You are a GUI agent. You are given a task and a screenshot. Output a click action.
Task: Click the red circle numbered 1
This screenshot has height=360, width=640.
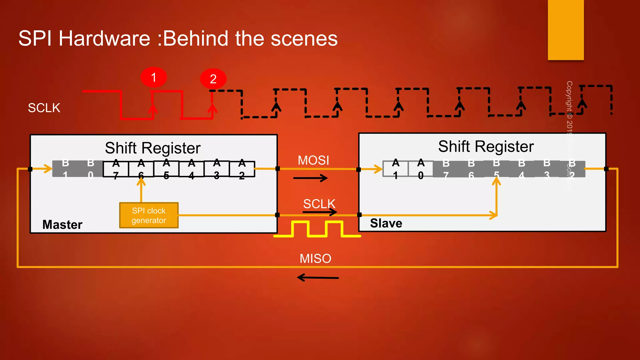tap(153, 77)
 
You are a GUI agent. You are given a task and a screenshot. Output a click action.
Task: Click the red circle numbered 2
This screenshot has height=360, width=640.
tap(213, 79)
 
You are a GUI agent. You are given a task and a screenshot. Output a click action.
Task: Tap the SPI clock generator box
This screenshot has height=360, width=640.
tap(149, 215)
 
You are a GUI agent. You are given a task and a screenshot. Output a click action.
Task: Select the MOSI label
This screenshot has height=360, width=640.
tap(313, 160)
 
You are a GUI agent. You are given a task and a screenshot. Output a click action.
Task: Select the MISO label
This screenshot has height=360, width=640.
tap(315, 258)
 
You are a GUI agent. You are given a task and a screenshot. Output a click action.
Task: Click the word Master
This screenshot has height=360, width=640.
tap(62, 224)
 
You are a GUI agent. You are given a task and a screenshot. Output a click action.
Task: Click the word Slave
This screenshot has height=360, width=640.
tap(386, 223)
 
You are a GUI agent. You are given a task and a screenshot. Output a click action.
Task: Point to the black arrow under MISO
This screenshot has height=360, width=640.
tap(317, 277)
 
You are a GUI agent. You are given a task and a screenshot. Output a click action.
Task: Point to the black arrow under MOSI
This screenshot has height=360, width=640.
tap(310, 178)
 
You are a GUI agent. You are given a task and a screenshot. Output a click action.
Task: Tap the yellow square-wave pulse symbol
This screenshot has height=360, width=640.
tap(317, 229)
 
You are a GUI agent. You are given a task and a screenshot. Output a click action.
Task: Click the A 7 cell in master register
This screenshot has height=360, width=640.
tap(116, 169)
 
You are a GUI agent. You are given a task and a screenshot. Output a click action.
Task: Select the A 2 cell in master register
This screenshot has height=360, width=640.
tap(242, 169)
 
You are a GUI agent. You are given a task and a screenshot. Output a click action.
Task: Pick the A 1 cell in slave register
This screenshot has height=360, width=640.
tap(395, 169)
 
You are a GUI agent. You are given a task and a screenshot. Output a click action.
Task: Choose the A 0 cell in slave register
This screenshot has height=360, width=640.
tap(421, 169)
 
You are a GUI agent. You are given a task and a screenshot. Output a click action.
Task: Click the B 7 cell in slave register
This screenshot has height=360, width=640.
tap(446, 169)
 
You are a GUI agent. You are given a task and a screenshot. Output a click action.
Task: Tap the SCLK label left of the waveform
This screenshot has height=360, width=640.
tap(44, 108)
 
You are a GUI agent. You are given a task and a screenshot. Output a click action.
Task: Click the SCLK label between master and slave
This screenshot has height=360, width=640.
tap(319, 204)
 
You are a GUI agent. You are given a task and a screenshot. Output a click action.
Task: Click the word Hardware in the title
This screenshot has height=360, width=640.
tap(104, 38)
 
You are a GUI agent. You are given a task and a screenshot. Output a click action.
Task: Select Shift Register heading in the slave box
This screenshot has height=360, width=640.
tap(486, 146)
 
